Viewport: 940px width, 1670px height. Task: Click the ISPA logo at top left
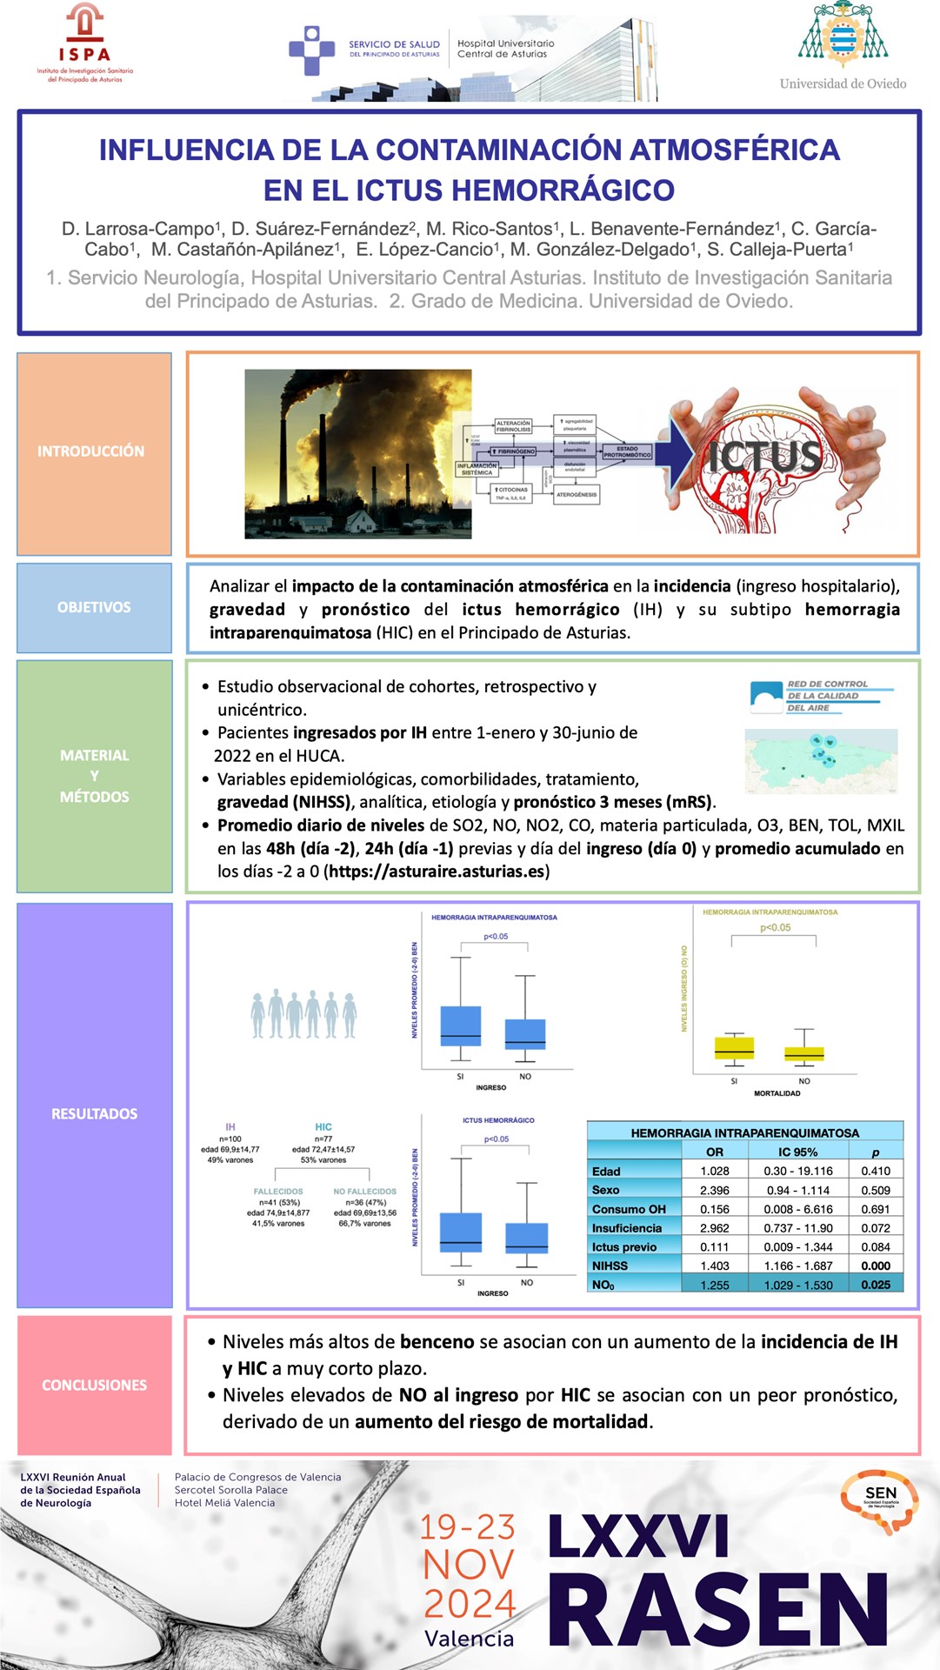pyautogui.click(x=84, y=43)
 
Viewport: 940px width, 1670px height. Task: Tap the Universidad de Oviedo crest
pyautogui.click(x=843, y=35)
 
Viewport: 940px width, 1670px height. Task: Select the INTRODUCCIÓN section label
pyautogui.click(x=91, y=451)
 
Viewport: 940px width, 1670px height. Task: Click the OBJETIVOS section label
pyautogui.click(x=94, y=607)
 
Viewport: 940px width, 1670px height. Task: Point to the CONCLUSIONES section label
pyautogui.click(x=94, y=1385)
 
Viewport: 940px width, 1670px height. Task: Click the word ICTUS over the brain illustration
pyautogui.click(x=764, y=456)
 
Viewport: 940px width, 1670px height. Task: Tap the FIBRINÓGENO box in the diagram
pyautogui.click(x=516, y=451)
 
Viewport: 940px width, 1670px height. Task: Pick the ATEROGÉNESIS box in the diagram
pyautogui.click(x=577, y=494)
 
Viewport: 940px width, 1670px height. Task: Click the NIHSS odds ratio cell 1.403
pyautogui.click(x=715, y=1266)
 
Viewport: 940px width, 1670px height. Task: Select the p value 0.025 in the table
pyautogui.click(x=876, y=1285)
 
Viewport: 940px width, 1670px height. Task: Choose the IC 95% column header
pyautogui.click(x=797, y=1152)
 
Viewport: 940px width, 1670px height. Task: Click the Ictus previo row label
pyautogui.click(x=624, y=1246)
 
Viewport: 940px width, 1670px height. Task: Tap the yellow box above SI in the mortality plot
pyautogui.click(x=734, y=1048)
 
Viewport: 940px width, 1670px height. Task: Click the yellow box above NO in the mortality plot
pyautogui.click(x=803, y=1054)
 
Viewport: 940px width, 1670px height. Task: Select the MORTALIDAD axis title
pyautogui.click(x=777, y=1093)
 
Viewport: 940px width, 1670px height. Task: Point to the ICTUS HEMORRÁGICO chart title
pyautogui.click(x=498, y=1120)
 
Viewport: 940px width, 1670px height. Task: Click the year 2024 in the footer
pyautogui.click(x=470, y=1603)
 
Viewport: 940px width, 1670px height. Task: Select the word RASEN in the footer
pyautogui.click(x=717, y=1609)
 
